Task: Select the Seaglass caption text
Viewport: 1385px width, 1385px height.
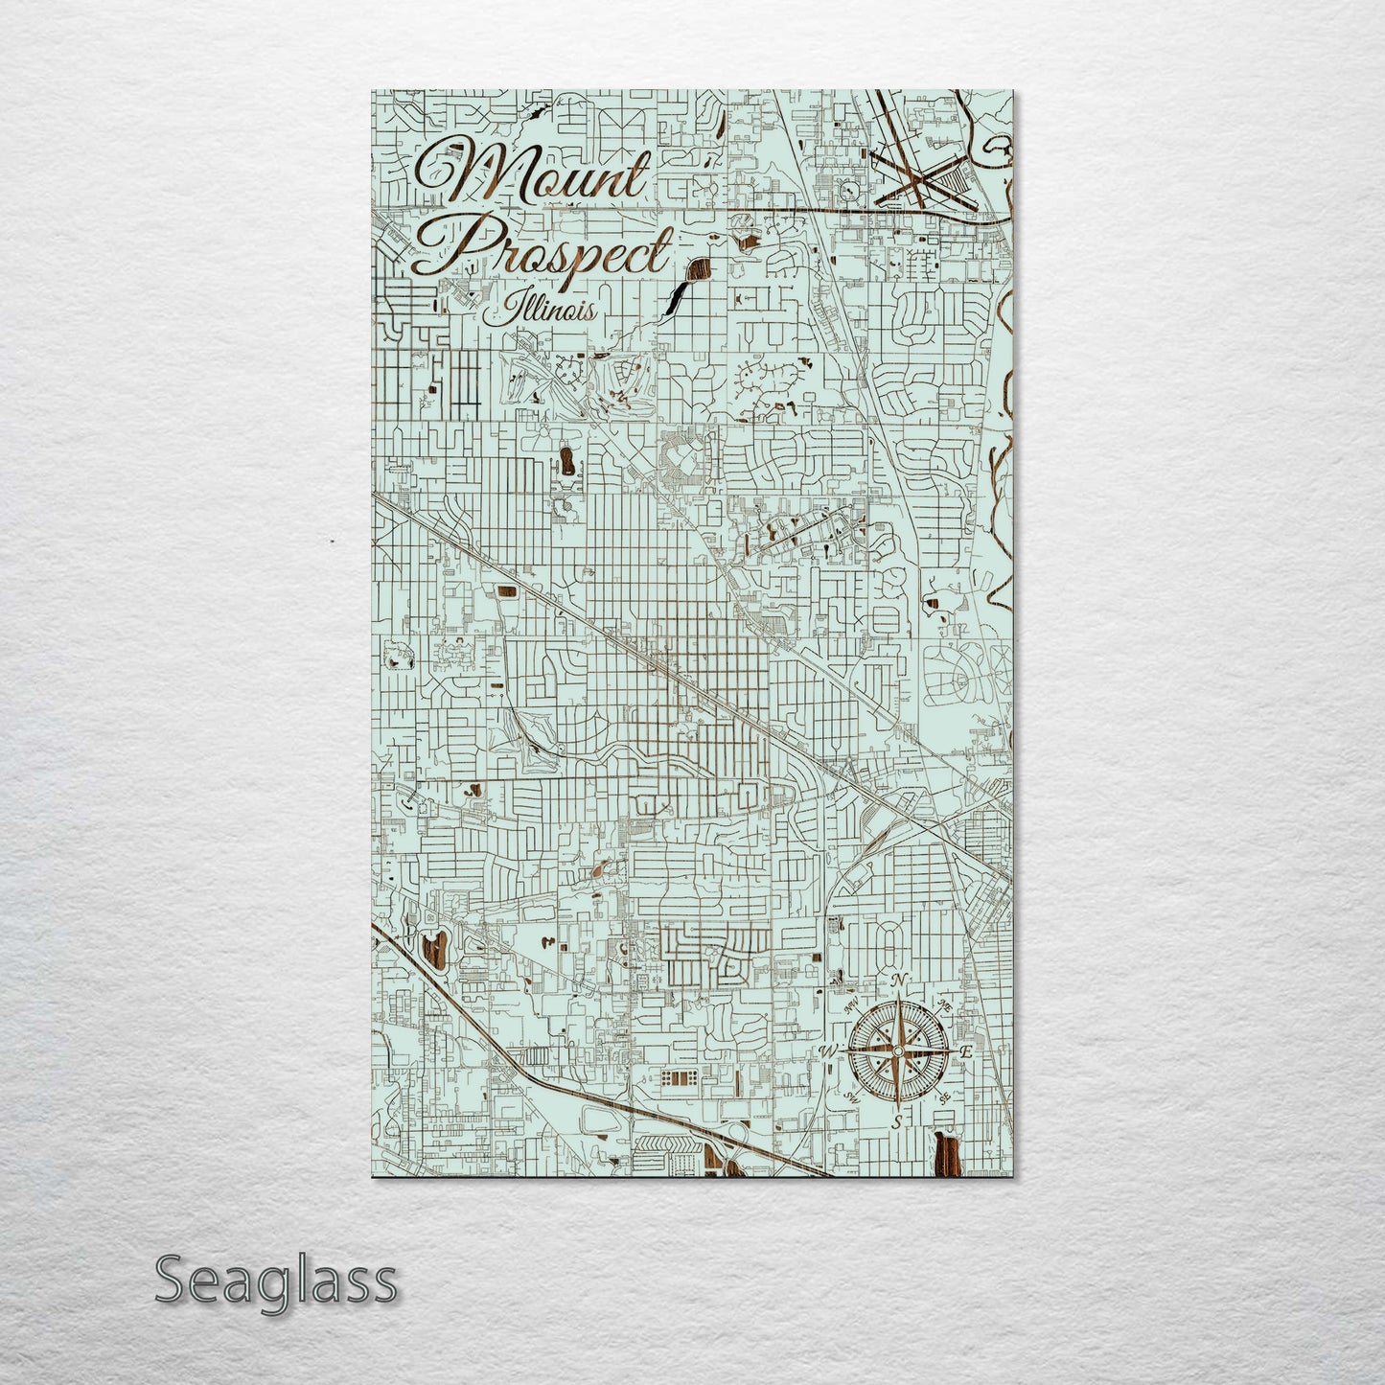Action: [275, 1281]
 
